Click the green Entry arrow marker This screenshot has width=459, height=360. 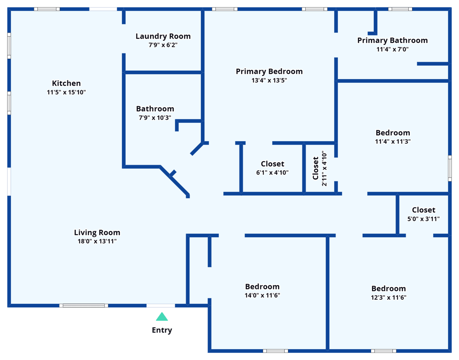tap(162, 317)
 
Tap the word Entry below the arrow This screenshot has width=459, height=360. tap(162, 330)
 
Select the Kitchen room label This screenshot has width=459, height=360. tap(66, 83)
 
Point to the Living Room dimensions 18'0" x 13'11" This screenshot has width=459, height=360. tap(97, 241)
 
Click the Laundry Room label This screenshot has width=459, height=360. tap(163, 36)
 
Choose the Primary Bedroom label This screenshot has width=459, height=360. tap(269, 72)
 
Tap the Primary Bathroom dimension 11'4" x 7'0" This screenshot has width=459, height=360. tap(392, 49)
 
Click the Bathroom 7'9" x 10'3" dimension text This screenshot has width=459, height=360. tap(155, 118)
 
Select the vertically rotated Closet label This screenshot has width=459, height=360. tap(315, 168)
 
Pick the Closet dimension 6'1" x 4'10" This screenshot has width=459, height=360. tap(272, 172)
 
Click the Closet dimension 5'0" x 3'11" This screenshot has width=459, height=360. tap(423, 219)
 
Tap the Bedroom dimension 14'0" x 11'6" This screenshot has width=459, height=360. tap(262, 295)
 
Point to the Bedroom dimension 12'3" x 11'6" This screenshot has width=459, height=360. tap(389, 297)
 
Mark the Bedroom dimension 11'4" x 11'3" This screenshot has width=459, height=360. tap(393, 141)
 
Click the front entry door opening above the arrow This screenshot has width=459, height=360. tap(161, 305)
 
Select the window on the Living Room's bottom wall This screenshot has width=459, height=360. tap(84, 305)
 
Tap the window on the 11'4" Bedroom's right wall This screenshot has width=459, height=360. tap(450, 168)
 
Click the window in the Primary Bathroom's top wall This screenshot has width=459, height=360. tap(400, 9)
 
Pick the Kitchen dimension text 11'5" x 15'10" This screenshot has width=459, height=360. tap(66, 92)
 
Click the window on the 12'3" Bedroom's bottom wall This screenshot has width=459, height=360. tap(384, 351)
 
